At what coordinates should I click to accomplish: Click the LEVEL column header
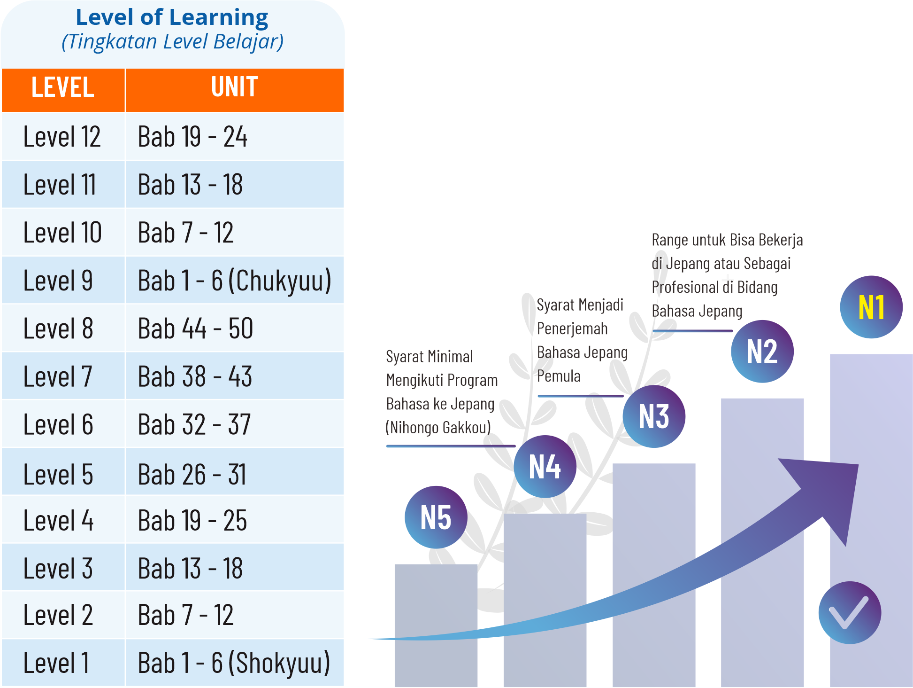point(63,88)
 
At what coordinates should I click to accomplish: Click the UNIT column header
point(234,88)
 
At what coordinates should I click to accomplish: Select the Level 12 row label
point(62,137)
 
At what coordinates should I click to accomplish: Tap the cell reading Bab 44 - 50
point(195,328)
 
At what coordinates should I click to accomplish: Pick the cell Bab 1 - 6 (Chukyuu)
point(234,281)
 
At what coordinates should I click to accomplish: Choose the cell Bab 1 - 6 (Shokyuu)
point(234,663)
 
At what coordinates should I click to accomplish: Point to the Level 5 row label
point(58,474)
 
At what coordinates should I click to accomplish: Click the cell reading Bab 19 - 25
point(192,521)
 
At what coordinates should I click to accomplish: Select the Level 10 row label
point(62,233)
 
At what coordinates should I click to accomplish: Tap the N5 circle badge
point(436,517)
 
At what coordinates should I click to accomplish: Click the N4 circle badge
point(545,467)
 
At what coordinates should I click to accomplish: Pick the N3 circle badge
point(654,416)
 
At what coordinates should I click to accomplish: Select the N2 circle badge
point(762,352)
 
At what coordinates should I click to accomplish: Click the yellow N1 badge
point(871,307)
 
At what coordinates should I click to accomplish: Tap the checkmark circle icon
point(850,613)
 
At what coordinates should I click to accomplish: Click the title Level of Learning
point(172,17)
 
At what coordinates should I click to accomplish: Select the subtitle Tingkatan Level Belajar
point(172,41)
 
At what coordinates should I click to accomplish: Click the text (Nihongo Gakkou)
point(438,428)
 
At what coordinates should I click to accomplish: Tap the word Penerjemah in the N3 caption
point(572,328)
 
